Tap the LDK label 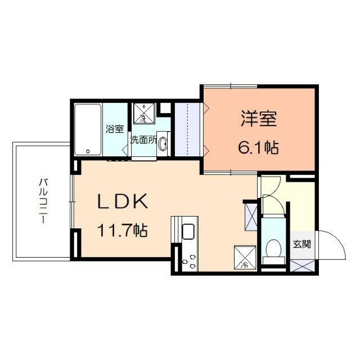tap(123, 201)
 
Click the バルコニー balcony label tap(42, 201)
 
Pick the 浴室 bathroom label tap(114, 129)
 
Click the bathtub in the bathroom tap(88, 129)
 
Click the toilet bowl tap(273, 248)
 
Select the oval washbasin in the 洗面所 tap(163, 144)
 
